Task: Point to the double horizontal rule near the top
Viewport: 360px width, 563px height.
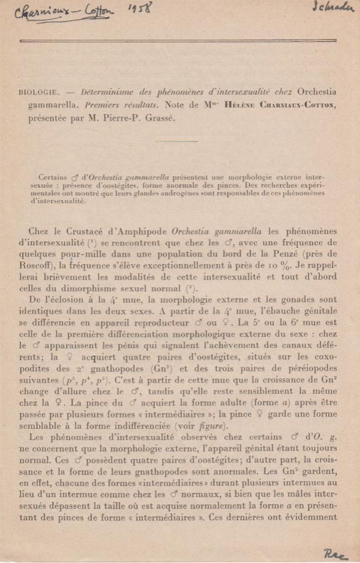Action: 178,40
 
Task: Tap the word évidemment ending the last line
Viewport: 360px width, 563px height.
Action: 310,517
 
